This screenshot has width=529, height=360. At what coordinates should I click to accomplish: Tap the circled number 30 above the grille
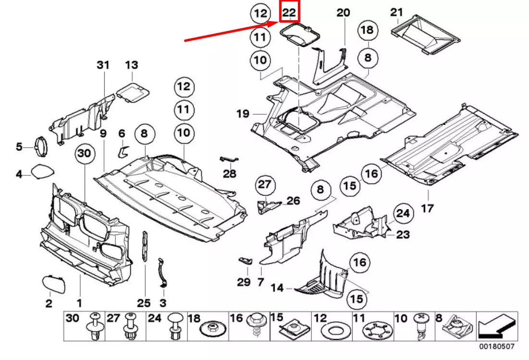point(84,153)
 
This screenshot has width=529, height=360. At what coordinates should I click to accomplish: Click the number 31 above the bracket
point(103,64)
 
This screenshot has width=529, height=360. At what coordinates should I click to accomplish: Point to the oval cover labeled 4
point(42,172)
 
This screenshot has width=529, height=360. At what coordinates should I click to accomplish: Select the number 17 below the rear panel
point(427,208)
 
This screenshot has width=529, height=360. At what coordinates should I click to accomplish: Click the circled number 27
point(264,185)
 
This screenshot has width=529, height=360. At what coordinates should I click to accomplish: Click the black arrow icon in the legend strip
point(497,326)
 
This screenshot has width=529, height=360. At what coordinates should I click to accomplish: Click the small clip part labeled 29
point(245,260)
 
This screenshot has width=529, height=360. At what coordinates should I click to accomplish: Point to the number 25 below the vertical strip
point(144,303)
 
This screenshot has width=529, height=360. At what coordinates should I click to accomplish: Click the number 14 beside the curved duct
point(277,288)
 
